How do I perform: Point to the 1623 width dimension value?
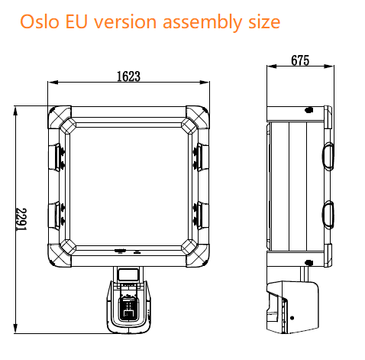point(129,76)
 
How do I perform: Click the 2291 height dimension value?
point(24,222)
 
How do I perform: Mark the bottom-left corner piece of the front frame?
point(61,251)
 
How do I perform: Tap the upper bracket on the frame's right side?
point(200,157)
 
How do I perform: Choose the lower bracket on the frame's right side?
point(200,213)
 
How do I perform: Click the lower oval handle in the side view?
point(328,214)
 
